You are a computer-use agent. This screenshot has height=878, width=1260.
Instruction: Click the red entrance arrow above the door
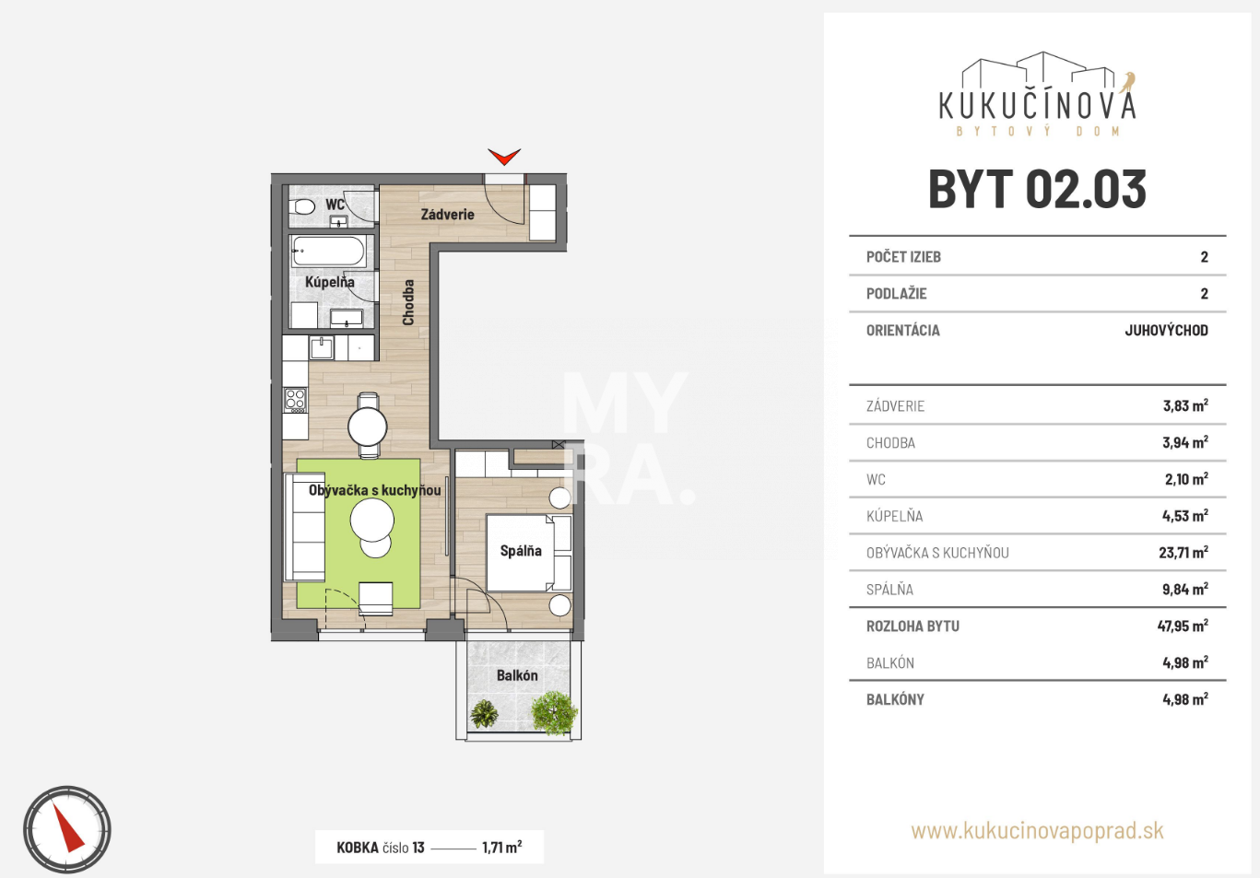504,157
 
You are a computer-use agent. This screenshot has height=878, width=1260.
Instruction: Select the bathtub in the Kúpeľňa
329,251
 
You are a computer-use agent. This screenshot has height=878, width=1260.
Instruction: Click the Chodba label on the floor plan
408,302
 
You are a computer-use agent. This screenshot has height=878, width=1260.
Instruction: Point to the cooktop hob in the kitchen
295,400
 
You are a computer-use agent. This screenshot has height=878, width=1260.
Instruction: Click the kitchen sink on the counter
321,348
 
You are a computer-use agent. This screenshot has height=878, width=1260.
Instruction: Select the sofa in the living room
305,527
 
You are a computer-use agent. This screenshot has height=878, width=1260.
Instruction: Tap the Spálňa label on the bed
521,551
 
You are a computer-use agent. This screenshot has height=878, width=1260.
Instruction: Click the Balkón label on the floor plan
517,675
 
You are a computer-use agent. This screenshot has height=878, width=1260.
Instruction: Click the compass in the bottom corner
67,830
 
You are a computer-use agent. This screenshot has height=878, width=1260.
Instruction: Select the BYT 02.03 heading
1037,190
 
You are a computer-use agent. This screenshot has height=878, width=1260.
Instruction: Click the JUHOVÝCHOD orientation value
1166,330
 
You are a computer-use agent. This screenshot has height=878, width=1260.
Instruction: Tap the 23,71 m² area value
1183,552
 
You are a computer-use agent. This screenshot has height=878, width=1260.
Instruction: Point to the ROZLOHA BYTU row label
913,626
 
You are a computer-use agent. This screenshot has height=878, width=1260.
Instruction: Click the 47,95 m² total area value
1183,626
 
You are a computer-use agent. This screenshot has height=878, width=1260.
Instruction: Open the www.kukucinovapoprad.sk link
1037,831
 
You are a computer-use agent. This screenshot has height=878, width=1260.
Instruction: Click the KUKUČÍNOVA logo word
1037,106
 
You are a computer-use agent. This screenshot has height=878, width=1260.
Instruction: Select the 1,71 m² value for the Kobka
501,847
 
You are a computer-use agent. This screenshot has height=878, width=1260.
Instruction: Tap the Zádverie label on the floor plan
447,214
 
